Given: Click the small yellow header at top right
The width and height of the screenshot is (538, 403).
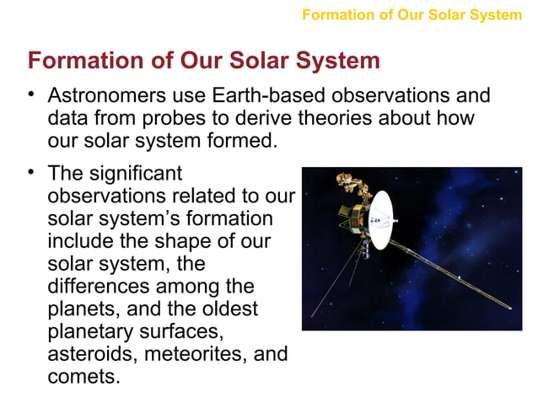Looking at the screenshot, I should click(412, 14).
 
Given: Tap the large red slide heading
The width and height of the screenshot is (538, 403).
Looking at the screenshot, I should click(203, 62).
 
